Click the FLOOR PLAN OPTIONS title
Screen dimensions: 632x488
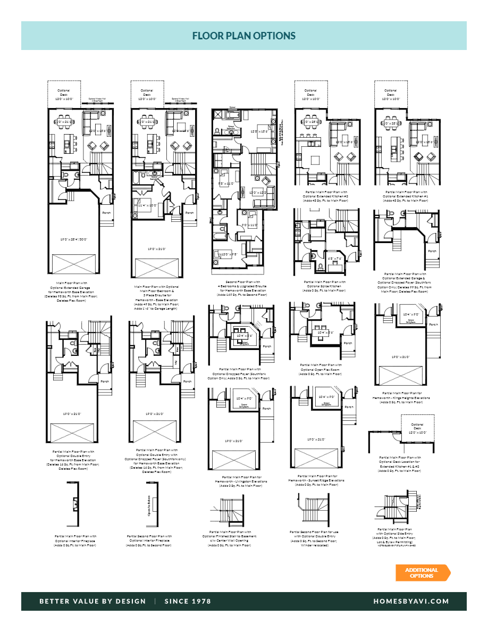point(243,36)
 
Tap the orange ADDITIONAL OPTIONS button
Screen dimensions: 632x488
point(422,573)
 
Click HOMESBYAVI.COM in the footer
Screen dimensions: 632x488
point(411,601)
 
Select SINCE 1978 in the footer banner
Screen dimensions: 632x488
point(188,601)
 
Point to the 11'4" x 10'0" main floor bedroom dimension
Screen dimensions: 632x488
point(147,205)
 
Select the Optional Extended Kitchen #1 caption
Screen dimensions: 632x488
point(407,196)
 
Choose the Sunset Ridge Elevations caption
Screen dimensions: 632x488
point(317,480)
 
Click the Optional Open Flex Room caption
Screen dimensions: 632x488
point(321,369)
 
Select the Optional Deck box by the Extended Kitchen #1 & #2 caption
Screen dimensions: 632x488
point(417,429)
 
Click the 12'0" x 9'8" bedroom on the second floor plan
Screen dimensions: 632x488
point(230,254)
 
